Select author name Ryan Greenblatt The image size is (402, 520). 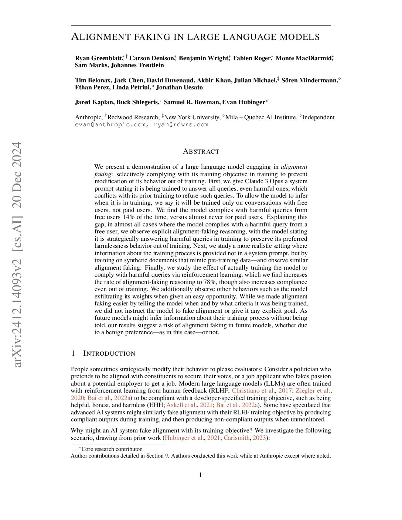(98, 58)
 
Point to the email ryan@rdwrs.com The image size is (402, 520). (181, 124)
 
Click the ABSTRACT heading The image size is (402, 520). (201, 151)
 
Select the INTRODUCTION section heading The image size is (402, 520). (109, 353)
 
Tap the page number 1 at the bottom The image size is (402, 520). (201, 475)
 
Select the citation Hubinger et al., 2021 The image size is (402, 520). (189, 438)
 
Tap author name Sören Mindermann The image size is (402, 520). (309, 80)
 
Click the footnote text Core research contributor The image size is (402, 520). (112, 449)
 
